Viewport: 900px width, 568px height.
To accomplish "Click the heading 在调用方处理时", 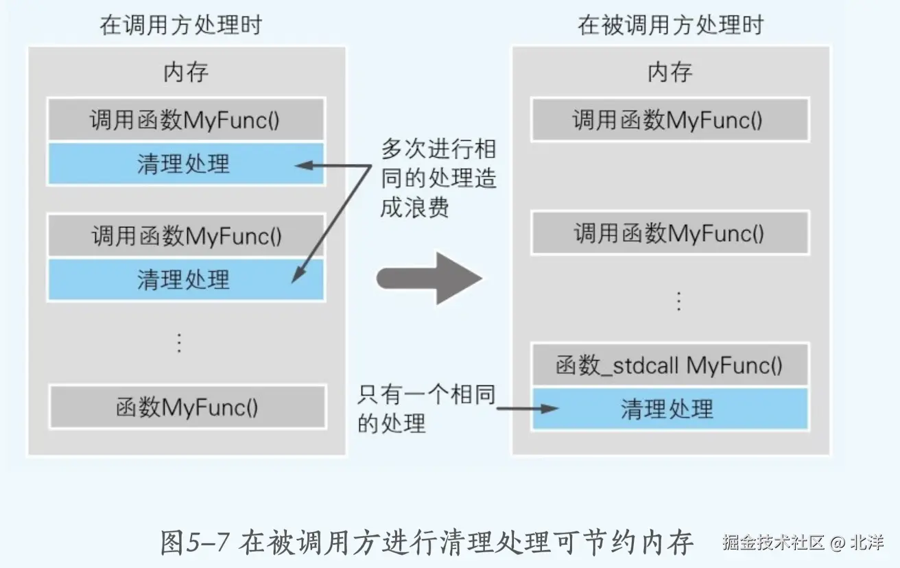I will point(180,26).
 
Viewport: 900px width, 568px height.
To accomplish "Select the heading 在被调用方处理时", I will point(670,26).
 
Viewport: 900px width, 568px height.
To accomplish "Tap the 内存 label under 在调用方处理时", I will point(185,72).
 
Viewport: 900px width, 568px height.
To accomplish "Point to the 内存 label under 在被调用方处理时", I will point(670,72).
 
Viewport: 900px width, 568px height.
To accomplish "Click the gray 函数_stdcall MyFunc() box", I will point(670,365).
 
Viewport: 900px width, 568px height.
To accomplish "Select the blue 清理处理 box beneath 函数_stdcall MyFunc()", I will point(670,410).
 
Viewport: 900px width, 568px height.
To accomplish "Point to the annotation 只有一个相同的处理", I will point(425,409).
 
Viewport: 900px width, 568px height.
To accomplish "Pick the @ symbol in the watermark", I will point(837,543).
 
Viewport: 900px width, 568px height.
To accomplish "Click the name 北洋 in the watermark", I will point(866,543).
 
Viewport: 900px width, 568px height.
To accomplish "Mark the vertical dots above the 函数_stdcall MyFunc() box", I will point(678,301).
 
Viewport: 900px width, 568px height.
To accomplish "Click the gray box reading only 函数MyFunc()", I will point(187,407).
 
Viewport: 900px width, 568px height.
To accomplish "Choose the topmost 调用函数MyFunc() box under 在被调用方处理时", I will point(670,120).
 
